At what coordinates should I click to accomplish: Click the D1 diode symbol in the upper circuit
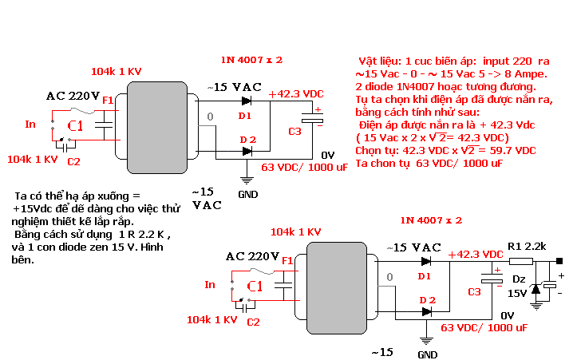(x=246, y=101)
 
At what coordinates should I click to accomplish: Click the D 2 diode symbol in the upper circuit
(x=247, y=151)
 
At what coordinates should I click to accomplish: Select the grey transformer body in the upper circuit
(x=157, y=128)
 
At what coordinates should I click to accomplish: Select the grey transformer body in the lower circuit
(x=337, y=288)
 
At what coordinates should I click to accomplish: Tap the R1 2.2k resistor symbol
(x=521, y=261)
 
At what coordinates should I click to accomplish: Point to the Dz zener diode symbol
(x=536, y=289)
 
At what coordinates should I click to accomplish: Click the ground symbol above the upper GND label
(x=247, y=180)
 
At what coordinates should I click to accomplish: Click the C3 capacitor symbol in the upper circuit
(x=312, y=118)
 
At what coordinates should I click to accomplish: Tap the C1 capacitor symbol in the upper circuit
(x=104, y=125)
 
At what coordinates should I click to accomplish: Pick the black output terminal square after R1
(x=559, y=261)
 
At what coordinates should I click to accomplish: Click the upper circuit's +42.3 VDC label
(x=296, y=94)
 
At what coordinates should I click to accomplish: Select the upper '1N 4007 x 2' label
(x=251, y=60)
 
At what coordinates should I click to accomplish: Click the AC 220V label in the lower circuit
(x=252, y=256)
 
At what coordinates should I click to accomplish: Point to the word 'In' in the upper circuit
(x=30, y=124)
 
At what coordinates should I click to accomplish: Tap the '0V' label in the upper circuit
(x=327, y=156)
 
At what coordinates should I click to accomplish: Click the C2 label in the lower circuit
(x=253, y=322)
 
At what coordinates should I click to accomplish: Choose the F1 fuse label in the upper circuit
(x=108, y=100)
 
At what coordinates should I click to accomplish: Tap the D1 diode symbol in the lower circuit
(x=425, y=261)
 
